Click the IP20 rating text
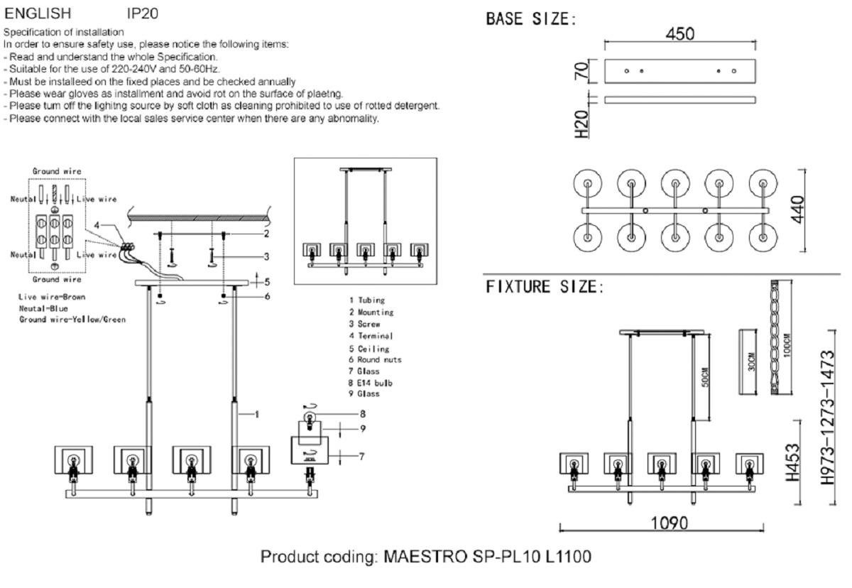(x=142, y=13)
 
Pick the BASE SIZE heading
(x=530, y=19)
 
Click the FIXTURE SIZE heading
(x=545, y=288)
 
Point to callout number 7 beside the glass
(x=361, y=456)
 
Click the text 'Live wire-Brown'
(x=53, y=297)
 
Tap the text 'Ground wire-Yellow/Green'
(x=72, y=320)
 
